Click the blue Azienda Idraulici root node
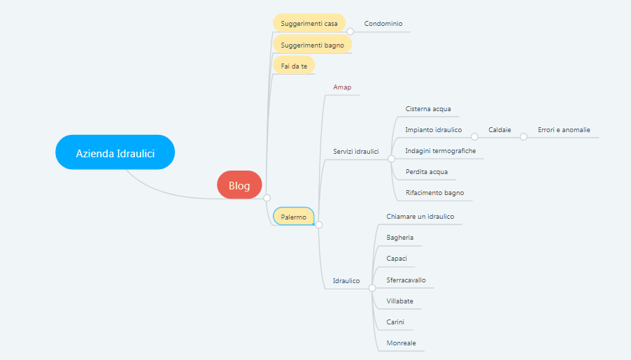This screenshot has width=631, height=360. click(115, 152)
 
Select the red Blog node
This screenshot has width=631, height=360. click(239, 185)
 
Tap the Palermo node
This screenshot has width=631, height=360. click(293, 217)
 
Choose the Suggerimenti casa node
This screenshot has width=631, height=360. click(309, 23)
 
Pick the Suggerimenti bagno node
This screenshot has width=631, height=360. click(312, 45)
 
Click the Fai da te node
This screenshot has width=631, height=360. click(294, 66)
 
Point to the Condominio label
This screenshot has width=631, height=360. click(383, 23)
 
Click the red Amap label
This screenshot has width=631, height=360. click(342, 87)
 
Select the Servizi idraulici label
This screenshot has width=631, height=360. click(356, 151)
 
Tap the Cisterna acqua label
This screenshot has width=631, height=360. click(428, 108)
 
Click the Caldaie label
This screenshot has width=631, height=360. click(499, 129)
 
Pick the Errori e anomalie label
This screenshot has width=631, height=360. click(564, 129)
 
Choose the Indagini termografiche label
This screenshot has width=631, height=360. click(440, 150)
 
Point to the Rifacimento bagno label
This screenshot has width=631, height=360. click(434, 193)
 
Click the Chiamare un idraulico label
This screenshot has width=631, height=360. click(420, 217)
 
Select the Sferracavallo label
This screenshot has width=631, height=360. click(406, 280)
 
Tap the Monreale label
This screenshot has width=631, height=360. click(401, 343)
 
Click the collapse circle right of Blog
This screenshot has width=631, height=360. click(267, 198)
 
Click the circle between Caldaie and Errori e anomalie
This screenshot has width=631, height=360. click(523, 137)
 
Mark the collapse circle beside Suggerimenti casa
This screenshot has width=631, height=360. click(350, 31)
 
